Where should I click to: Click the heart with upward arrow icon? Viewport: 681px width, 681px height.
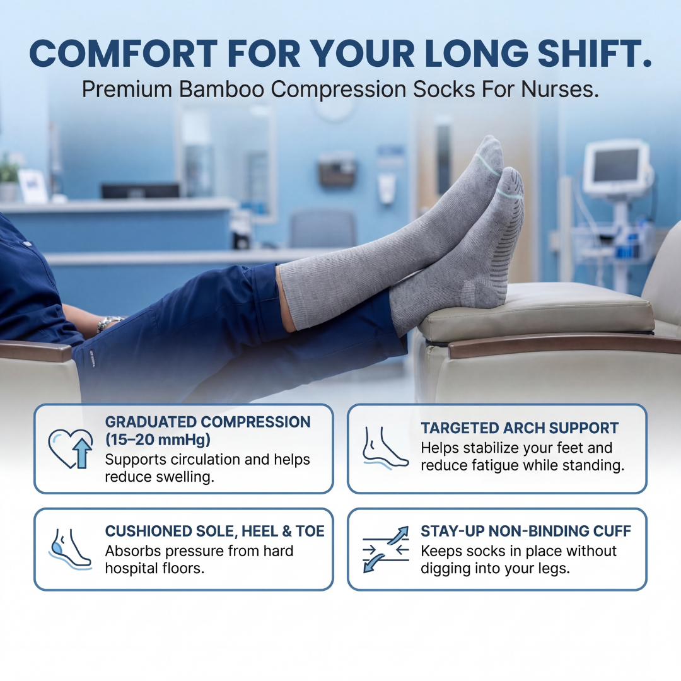[x=70, y=449]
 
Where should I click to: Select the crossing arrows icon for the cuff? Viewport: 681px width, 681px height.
[x=385, y=549]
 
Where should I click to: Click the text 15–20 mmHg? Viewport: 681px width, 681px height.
[x=158, y=439]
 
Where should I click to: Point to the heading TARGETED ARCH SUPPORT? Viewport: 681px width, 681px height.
[x=520, y=428]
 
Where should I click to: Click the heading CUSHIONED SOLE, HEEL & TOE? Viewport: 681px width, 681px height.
[x=214, y=532]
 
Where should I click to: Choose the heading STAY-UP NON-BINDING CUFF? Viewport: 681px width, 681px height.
[x=526, y=532]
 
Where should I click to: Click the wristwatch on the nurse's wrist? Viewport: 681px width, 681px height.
[x=107, y=324]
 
